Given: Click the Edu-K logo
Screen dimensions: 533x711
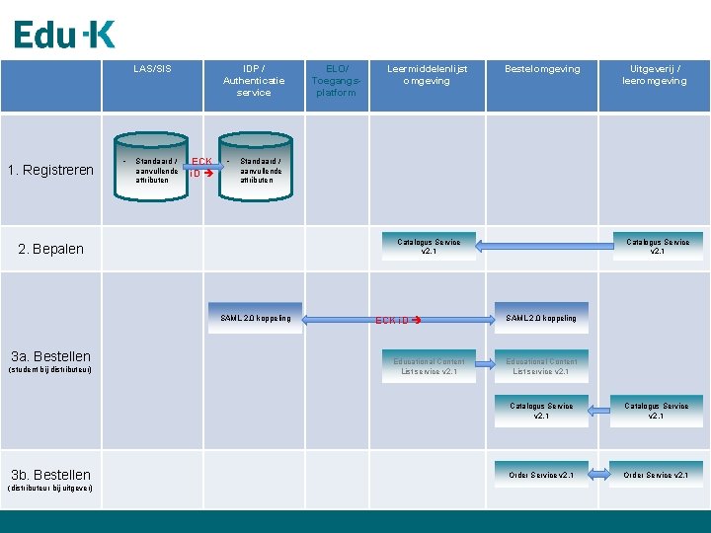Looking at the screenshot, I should [65, 35].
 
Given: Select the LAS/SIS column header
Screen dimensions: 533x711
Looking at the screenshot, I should [152, 69].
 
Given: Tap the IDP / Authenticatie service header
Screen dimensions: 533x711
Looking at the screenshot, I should [254, 80].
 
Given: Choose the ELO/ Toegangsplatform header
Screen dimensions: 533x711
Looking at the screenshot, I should [335, 80].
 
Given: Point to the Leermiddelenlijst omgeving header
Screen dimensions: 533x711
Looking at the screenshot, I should [427, 75].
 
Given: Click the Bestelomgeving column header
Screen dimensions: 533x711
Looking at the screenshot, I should [542, 69].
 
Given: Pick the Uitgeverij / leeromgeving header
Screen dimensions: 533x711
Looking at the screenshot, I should [655, 75].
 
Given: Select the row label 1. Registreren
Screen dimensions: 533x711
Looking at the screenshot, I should [50, 170].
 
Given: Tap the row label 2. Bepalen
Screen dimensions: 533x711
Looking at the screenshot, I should [51, 249].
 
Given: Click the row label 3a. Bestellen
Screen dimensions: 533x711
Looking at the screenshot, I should [50, 357].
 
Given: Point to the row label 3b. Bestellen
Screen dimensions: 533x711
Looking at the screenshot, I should [50, 475].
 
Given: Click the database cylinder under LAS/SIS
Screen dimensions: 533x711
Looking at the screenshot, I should [153, 163].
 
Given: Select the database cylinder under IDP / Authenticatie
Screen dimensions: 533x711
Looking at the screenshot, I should [255, 163].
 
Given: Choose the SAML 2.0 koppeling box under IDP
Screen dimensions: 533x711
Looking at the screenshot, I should [256, 318].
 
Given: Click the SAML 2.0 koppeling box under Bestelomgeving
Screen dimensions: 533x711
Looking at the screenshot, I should [541, 318].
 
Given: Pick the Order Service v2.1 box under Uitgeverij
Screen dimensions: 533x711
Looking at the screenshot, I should [656, 475].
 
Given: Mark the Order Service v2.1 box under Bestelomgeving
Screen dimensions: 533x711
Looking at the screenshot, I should [541, 475].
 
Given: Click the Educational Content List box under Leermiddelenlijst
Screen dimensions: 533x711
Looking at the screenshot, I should [429, 366].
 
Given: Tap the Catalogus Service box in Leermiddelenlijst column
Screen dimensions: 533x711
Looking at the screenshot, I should [429, 246].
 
